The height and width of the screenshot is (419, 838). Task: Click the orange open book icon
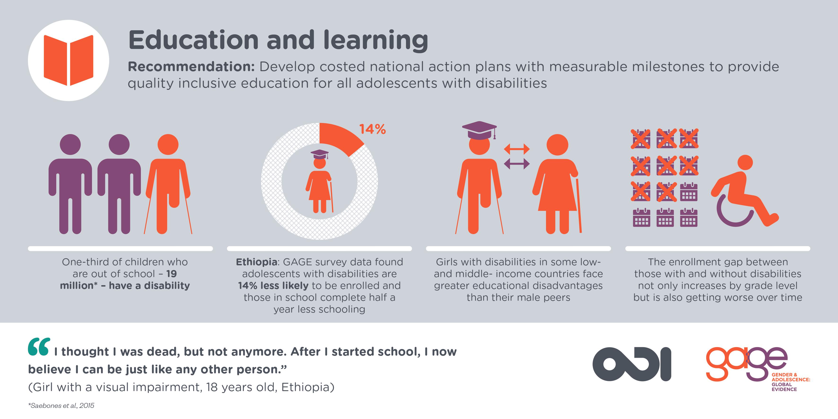[68, 60]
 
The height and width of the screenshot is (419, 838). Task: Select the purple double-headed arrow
[517, 164]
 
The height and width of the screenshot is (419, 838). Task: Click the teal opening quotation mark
[39, 347]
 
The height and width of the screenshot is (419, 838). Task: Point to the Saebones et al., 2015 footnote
[61, 405]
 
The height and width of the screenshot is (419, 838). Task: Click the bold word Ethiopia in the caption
[256, 262]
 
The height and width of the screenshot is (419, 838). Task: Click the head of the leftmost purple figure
[70, 144]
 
